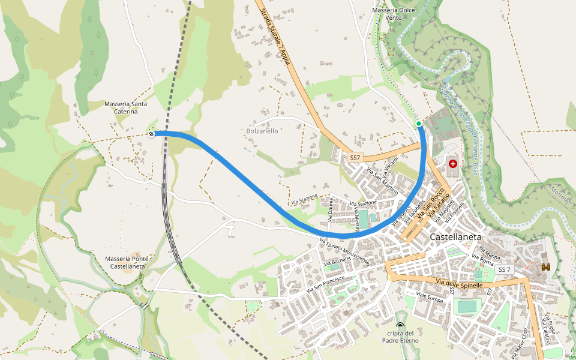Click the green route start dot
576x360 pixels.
[419, 124]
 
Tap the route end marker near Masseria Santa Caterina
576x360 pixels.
[151, 134]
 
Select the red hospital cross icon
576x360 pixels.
[452, 163]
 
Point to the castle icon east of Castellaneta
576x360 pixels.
[545, 267]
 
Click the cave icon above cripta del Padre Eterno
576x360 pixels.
[400, 325]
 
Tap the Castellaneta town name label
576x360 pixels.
[456, 238]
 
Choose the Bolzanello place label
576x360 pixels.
[262, 131]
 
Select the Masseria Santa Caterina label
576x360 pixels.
[125, 107]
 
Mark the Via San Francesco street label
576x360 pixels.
[325, 284]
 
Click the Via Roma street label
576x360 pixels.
[482, 259]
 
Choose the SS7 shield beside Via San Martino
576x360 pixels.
[355, 158]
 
